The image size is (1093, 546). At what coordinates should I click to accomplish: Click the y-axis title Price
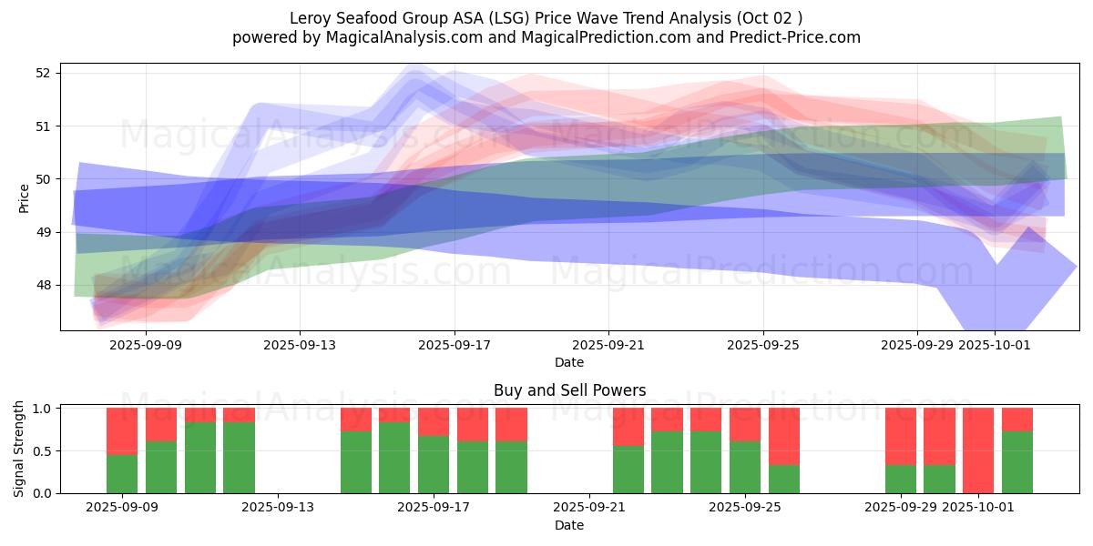coord(24,197)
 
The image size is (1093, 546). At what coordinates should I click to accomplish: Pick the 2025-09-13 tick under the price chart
coord(300,345)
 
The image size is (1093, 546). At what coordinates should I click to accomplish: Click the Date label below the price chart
coord(569,362)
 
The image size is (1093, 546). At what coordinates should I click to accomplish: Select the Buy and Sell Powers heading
coord(569,390)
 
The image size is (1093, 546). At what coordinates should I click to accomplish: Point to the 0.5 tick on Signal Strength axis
coord(42,450)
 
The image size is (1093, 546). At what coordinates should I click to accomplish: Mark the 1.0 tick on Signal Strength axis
coord(42,409)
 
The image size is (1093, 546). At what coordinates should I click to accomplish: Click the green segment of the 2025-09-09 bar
coord(122,473)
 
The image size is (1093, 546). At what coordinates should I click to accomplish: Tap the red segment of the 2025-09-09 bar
coord(122,430)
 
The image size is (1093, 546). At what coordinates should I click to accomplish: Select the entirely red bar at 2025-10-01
coord(978,450)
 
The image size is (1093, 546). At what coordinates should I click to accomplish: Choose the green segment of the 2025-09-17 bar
coord(434,464)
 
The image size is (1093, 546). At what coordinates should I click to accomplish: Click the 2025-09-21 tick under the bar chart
coord(588,508)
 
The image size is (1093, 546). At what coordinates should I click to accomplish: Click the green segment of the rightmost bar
coord(1017,462)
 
